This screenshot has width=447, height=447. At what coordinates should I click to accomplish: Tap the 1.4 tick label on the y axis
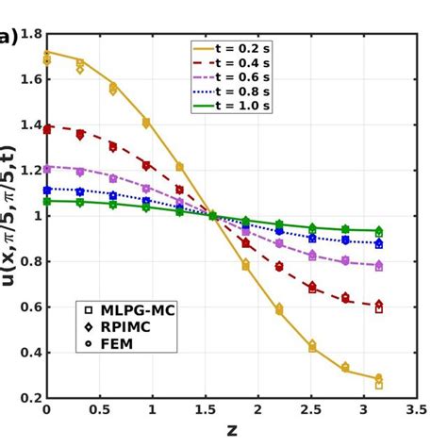29,125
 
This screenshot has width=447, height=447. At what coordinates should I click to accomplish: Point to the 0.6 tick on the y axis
29,307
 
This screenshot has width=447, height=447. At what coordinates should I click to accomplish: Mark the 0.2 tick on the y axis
29,398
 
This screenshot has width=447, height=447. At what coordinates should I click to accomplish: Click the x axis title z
231,431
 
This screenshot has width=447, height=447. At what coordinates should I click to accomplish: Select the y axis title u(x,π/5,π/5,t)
10,216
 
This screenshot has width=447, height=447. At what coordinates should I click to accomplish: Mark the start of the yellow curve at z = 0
46,52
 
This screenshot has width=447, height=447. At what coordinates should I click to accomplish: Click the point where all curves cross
212,216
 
